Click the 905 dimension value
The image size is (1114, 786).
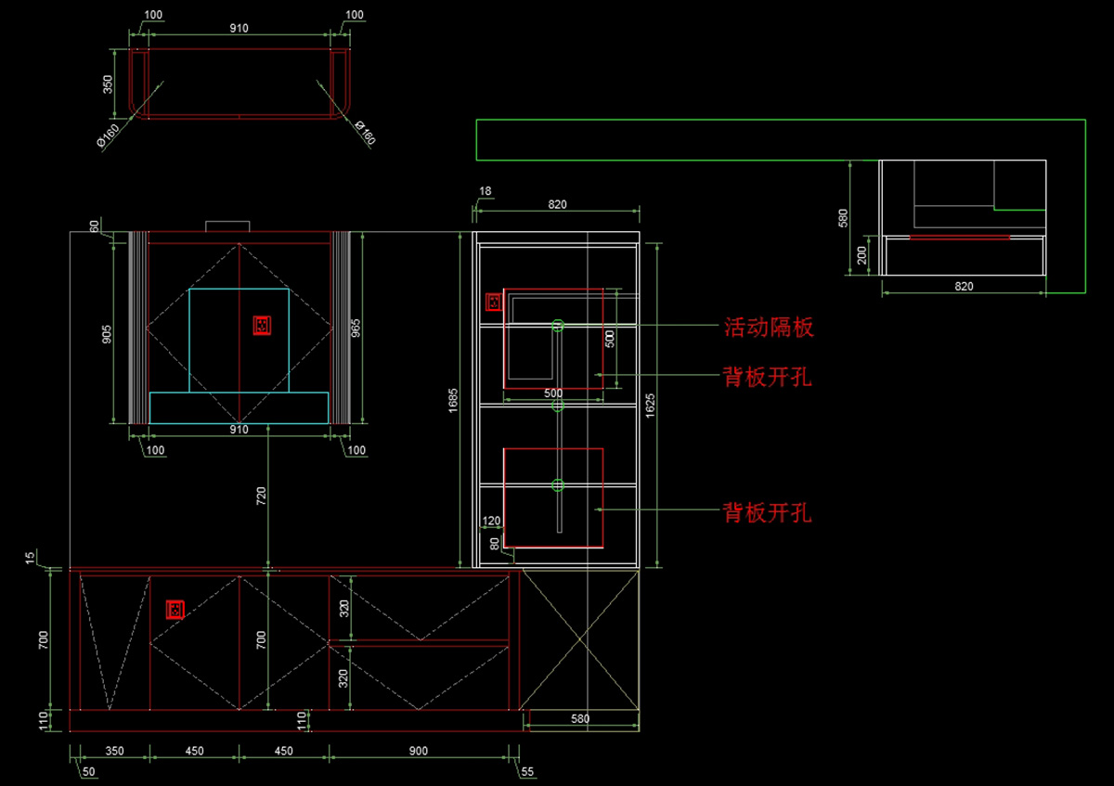[107, 334]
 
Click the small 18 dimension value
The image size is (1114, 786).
[485, 192]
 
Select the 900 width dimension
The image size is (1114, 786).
[418, 751]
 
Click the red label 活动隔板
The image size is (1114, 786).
[768, 327]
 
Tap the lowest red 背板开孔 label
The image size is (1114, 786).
[768, 512]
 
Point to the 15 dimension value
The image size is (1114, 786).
[31, 558]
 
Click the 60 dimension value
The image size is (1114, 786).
[94, 225]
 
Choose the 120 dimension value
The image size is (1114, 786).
[491, 522]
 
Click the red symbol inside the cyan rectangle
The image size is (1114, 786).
[262, 325]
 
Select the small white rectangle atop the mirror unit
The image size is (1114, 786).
[227, 225]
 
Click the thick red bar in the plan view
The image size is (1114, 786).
[960, 238]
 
